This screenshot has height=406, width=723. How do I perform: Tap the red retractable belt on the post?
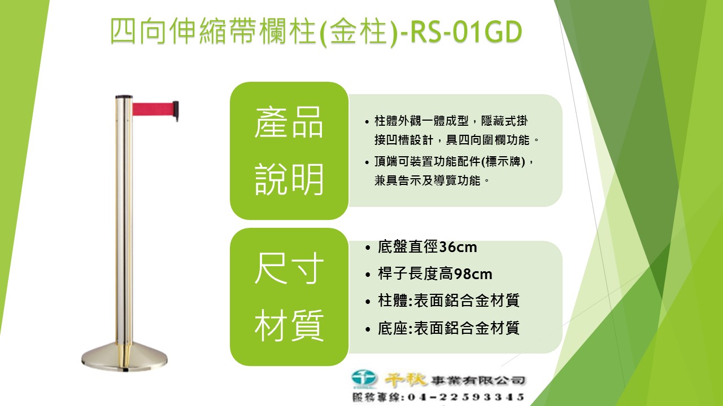click(153, 109)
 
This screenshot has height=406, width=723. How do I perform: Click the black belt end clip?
click(176, 111)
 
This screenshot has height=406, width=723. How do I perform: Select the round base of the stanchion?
click(125, 357)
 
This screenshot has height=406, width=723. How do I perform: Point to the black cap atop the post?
click(124, 96)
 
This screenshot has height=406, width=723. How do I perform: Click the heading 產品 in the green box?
click(289, 122)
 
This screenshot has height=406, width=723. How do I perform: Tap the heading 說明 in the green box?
click(289, 179)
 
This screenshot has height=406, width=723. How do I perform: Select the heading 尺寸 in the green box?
click(289, 268)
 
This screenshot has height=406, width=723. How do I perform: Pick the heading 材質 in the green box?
click(289, 325)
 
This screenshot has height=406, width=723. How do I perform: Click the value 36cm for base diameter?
click(458, 247)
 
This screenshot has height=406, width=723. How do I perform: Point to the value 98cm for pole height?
click(473, 274)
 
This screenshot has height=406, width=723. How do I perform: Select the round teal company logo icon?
click(364, 378)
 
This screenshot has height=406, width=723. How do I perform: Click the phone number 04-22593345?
click(466, 397)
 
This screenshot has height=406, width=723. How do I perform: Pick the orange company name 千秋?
click(406, 379)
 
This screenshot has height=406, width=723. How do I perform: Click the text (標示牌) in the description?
click(503, 161)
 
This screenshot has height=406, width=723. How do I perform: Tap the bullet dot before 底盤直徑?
click(368, 248)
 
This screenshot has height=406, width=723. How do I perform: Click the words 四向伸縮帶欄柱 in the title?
click(213, 31)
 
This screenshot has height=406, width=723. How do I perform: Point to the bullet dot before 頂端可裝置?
click(367, 162)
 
